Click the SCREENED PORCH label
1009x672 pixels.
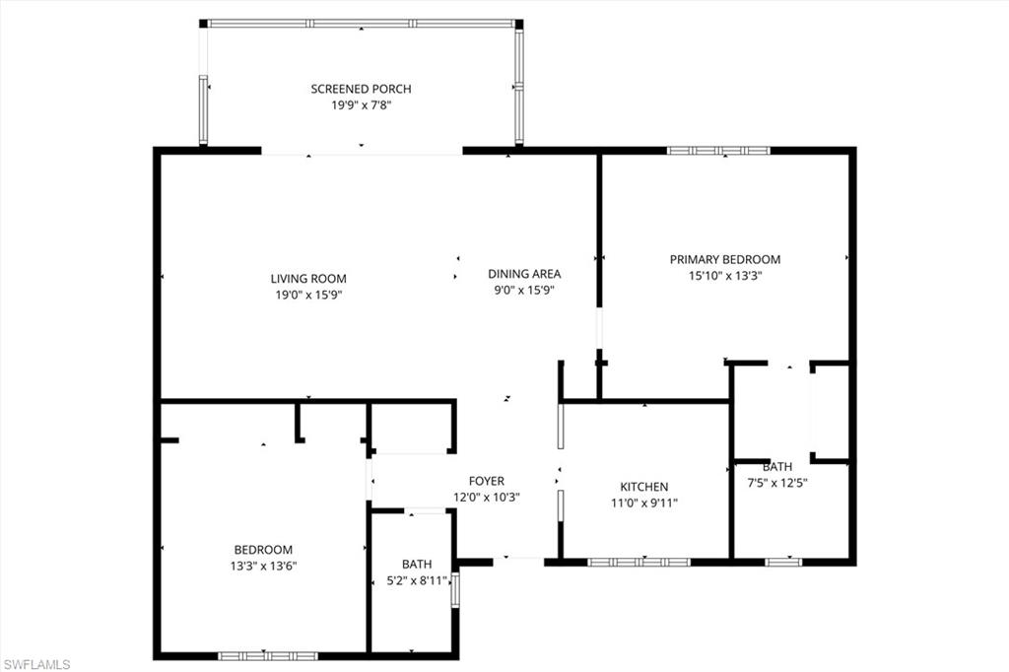[361, 89]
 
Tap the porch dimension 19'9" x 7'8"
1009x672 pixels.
[361, 104]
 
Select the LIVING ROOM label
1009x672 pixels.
[308, 279]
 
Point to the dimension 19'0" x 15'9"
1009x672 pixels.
[308, 295]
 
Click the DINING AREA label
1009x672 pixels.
[524, 274]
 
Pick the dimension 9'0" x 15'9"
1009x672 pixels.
[524, 290]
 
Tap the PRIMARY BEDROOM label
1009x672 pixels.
[724, 260]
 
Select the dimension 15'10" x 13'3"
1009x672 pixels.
[724, 276]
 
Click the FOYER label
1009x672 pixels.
[486, 482]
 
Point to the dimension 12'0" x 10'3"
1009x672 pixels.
[486, 498]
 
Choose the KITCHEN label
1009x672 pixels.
[643, 487]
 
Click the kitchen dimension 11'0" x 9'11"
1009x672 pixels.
[643, 503]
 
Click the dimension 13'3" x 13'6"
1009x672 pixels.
[263, 566]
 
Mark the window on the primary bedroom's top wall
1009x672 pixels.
[718, 151]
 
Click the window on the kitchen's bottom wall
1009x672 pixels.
[639, 562]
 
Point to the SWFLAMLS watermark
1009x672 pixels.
[36, 664]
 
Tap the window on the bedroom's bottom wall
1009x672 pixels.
[267, 655]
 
